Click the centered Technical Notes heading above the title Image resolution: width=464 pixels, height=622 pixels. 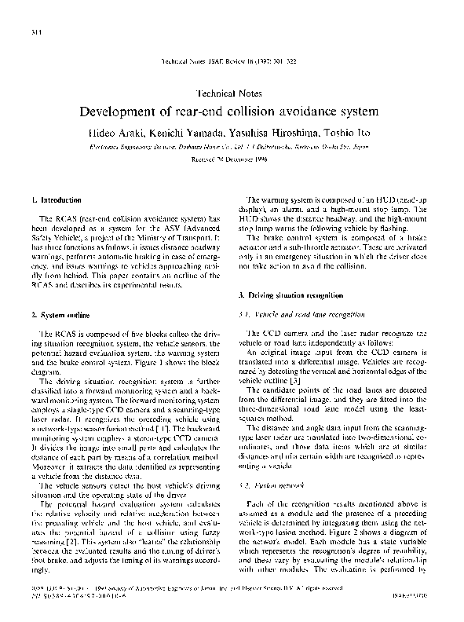click(x=232, y=91)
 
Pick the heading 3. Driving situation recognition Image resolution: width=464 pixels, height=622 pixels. click(x=290, y=294)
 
